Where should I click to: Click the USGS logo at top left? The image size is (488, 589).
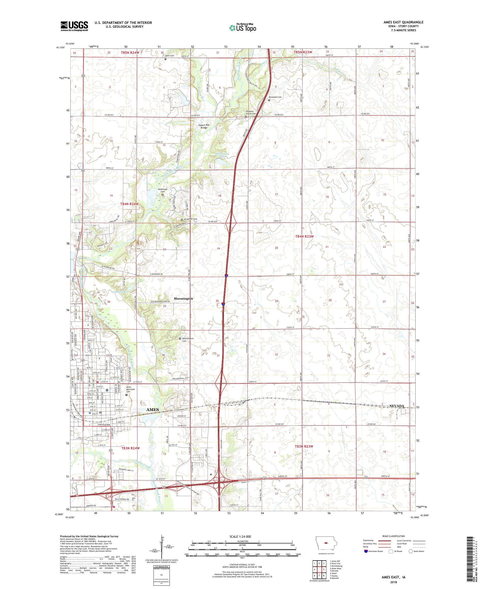pos(74,26)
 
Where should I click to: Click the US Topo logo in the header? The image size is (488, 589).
pos(242,27)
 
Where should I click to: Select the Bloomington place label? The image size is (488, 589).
pos(183,299)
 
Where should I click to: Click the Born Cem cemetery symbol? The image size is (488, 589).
pos(166,59)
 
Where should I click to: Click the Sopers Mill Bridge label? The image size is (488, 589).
pos(204,126)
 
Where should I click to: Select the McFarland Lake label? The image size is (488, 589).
pos(222,155)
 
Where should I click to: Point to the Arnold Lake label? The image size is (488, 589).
pos(120,292)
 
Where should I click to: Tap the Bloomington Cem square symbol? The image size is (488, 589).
pos(180,338)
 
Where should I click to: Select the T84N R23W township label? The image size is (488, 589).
pos(304,236)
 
